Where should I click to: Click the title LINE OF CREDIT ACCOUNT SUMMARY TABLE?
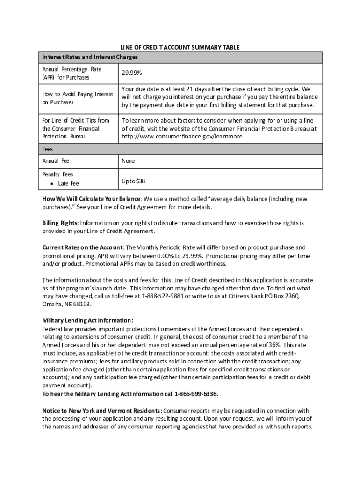(180, 48)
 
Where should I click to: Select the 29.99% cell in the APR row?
(132, 73)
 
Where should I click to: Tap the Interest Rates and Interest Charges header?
(90, 57)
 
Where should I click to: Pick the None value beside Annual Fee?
(128, 161)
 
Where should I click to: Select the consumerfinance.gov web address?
(182, 136)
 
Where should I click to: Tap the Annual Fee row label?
(56, 161)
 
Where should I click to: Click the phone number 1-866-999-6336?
(196, 394)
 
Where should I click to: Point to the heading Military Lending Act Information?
(88, 320)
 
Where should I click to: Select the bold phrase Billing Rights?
(60, 223)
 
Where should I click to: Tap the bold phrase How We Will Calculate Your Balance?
(91, 199)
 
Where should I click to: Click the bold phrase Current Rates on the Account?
(83, 247)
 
